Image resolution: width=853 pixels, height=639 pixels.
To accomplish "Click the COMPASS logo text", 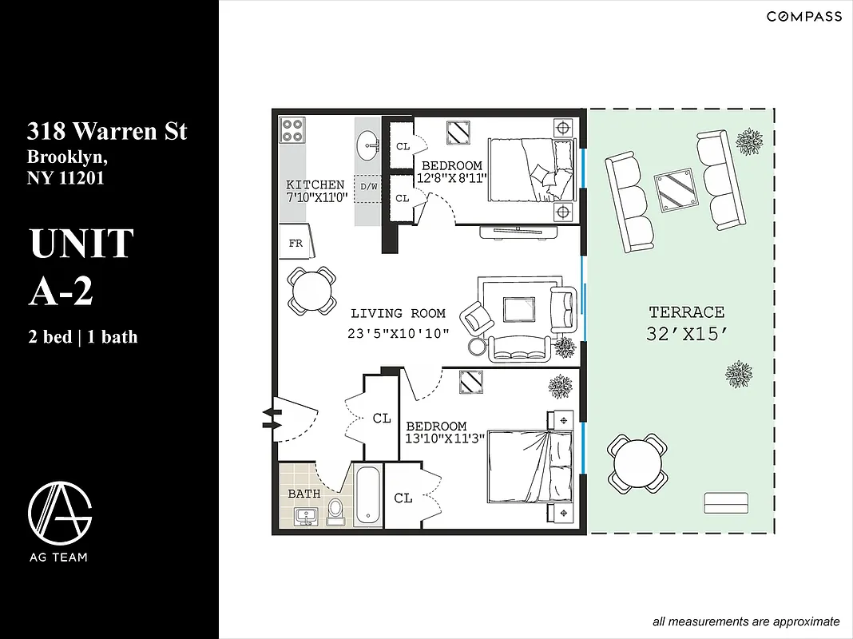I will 803,17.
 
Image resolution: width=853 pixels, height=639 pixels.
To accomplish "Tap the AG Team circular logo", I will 60,512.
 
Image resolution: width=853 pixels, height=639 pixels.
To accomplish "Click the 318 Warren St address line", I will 107,131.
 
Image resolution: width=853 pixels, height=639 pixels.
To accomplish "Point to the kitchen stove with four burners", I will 292,129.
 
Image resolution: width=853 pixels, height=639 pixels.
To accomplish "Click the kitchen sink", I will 367,145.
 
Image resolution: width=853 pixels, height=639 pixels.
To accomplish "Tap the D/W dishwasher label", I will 368,187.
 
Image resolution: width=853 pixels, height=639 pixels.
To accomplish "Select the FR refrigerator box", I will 296,243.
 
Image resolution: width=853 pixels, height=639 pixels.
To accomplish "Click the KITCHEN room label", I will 315,185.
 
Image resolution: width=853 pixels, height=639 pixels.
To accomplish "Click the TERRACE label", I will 686,312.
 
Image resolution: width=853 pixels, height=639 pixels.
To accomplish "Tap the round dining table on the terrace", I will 637,463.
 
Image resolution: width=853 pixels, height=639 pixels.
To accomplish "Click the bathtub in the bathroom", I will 368,496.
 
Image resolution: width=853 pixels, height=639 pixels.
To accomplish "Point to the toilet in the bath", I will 335,510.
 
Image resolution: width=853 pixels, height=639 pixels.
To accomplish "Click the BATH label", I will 304,494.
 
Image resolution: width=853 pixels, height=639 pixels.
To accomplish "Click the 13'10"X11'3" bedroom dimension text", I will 445,439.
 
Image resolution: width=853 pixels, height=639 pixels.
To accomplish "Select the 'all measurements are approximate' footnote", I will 746,621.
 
